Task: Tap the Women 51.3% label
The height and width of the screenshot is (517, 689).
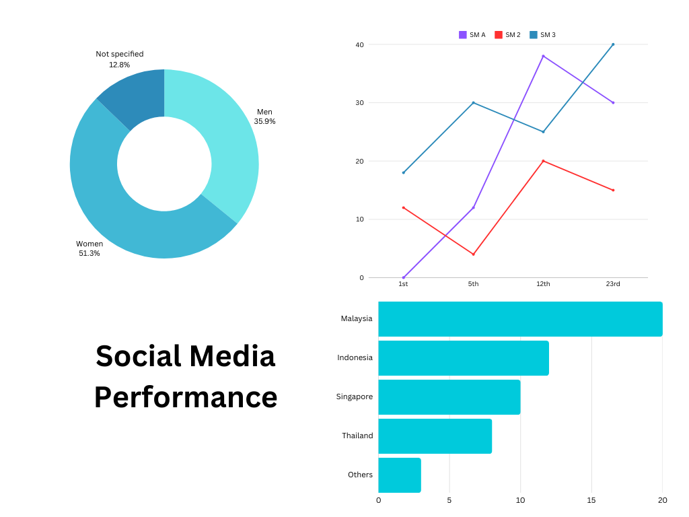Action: click(89, 248)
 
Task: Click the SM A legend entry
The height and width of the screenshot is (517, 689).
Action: click(472, 35)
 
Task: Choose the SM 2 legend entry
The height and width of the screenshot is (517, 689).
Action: click(508, 35)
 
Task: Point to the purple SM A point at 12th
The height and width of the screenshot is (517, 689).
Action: click(543, 57)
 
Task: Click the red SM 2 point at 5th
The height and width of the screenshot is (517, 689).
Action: click(474, 254)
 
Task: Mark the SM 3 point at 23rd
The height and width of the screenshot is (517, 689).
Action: click(613, 44)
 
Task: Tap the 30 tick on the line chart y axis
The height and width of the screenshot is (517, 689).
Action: click(360, 103)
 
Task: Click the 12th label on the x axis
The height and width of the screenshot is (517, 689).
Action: click(543, 284)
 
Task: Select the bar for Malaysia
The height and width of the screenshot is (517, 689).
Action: click(520, 319)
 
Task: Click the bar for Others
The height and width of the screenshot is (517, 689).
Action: click(400, 475)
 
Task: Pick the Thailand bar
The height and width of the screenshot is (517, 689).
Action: click(435, 436)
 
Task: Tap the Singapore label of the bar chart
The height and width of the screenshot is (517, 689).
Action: click(355, 397)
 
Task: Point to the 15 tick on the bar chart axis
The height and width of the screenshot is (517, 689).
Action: click(591, 500)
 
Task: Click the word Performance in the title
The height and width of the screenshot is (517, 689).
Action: click(186, 397)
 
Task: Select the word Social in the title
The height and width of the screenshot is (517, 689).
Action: click(139, 356)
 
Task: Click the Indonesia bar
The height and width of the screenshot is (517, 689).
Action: click(464, 358)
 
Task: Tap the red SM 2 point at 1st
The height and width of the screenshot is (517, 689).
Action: click(404, 207)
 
